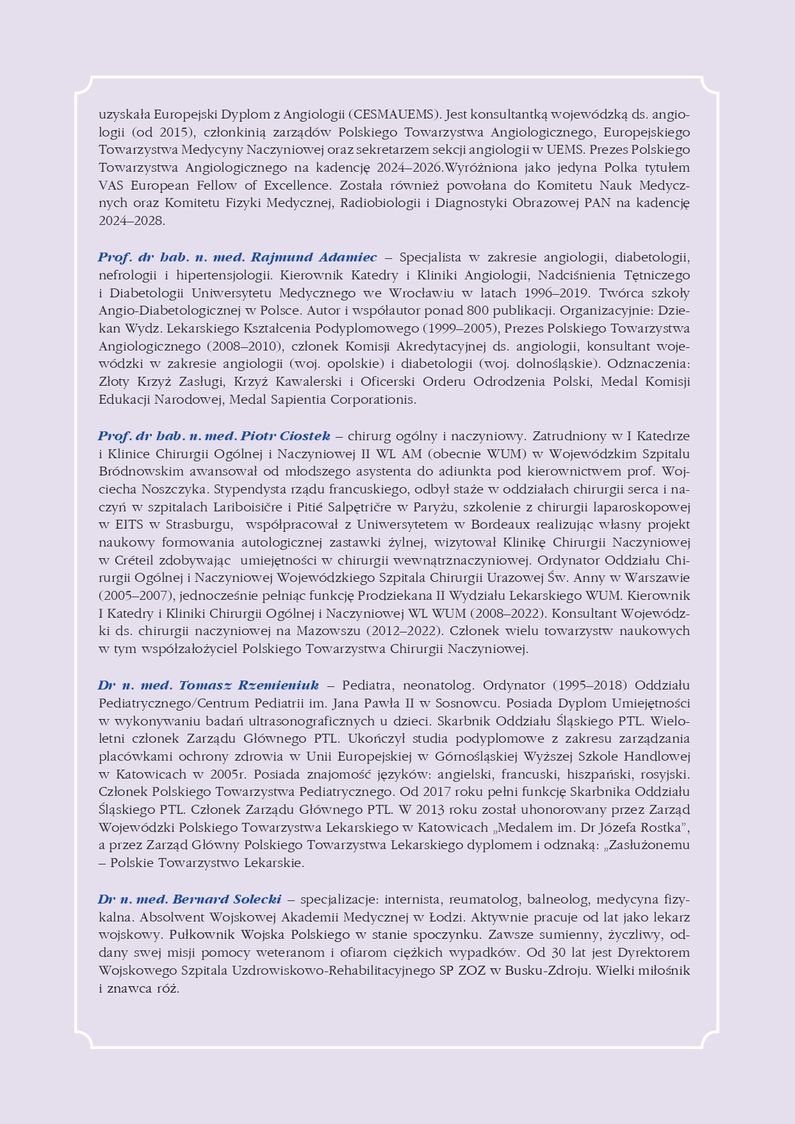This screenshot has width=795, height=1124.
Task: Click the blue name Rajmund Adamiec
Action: [x=314, y=258]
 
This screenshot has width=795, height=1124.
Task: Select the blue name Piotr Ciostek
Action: [x=286, y=436]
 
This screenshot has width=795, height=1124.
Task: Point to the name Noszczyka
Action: [x=174, y=490]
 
